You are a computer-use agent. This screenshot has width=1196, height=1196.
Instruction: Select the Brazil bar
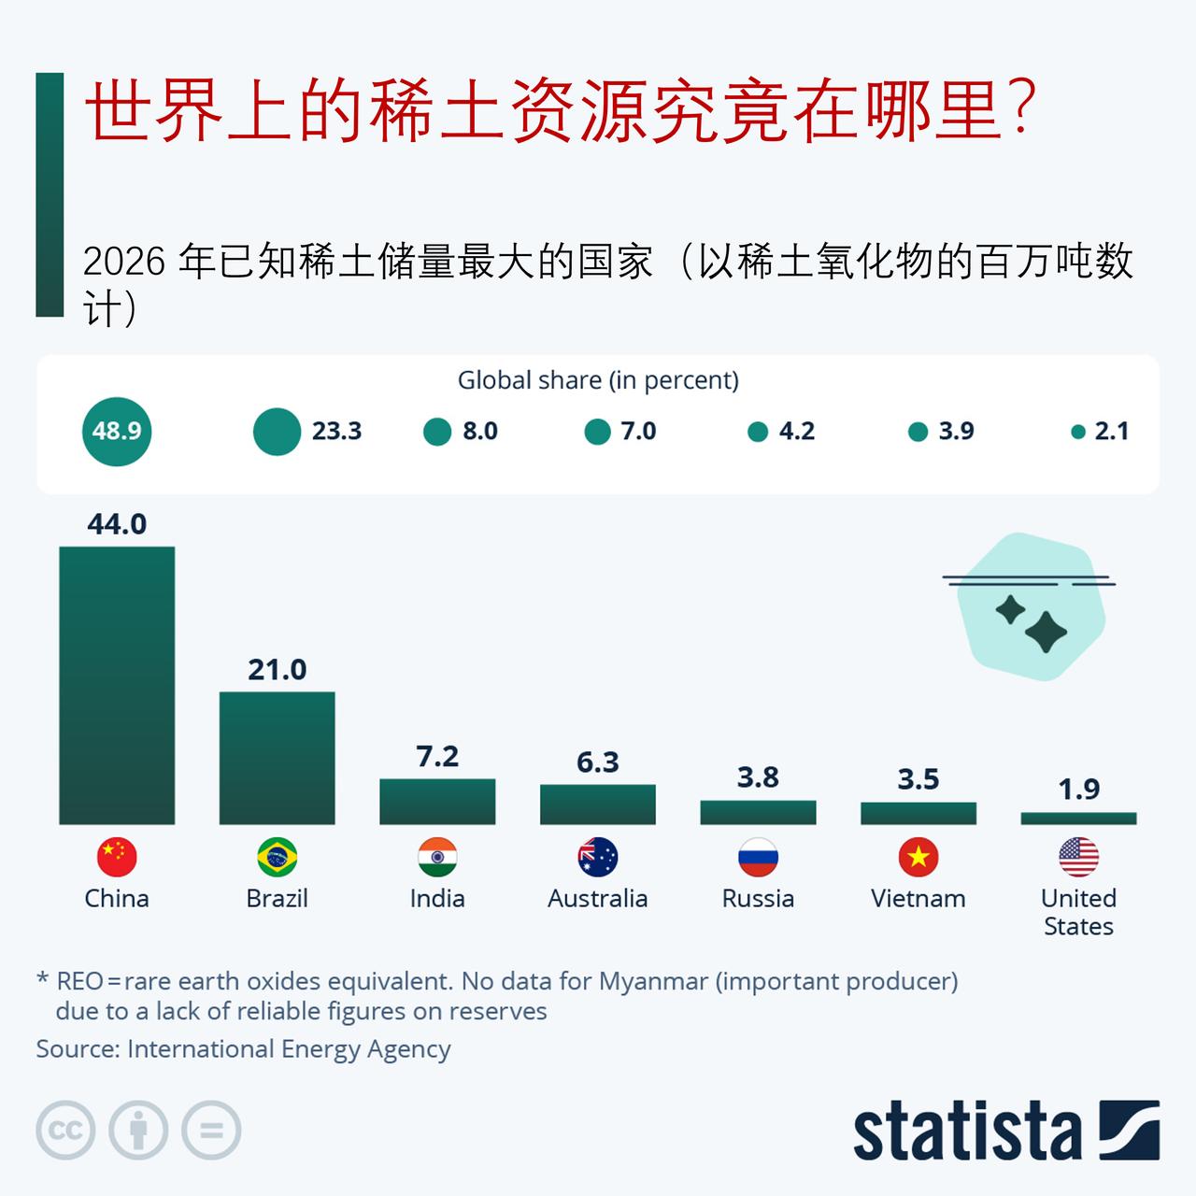coord(277,758)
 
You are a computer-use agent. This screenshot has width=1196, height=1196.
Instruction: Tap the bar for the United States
coord(1078,819)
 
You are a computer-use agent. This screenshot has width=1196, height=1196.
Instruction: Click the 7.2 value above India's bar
coord(437,756)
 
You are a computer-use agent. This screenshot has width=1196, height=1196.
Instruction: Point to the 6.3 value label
coord(598,762)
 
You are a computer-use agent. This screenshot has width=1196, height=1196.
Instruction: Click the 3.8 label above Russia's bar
coord(758,777)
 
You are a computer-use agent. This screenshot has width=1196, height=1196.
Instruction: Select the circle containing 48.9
coord(117,431)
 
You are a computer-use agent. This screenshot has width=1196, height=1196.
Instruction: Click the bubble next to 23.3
coord(277,432)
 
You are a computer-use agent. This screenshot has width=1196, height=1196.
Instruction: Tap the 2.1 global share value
coord(1112,432)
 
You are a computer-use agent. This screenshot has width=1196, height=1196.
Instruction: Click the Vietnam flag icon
coord(918,857)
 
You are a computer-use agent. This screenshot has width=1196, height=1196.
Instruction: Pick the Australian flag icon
coord(598,857)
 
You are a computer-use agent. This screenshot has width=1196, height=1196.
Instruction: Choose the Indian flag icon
coord(437,857)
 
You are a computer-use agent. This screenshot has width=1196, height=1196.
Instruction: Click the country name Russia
coord(758,899)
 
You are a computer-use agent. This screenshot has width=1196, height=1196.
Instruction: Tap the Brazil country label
coord(277,899)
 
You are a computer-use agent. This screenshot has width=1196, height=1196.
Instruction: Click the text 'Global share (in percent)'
coord(598,380)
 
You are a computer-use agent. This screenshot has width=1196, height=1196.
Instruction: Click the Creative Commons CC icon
coord(65,1131)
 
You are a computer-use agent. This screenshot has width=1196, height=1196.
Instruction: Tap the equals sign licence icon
coord(212,1131)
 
